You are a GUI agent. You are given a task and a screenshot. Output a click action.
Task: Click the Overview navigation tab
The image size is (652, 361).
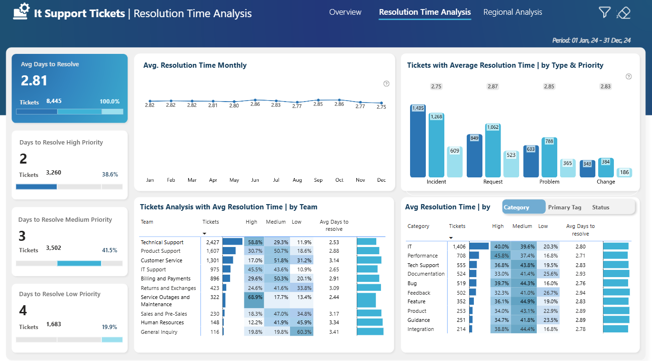(345, 12)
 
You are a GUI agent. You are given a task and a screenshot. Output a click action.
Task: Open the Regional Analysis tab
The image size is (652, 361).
(512, 12)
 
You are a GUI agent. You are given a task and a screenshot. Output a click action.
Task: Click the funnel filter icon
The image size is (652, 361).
(604, 12)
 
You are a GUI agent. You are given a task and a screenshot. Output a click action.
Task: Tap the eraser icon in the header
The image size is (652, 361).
(623, 13)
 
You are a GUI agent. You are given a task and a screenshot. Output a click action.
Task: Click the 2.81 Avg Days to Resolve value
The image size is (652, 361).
(34, 81)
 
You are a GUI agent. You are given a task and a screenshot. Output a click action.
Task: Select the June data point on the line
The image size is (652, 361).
(255, 100)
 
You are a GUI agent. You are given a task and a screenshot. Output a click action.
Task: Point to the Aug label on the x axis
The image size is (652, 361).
(297, 180)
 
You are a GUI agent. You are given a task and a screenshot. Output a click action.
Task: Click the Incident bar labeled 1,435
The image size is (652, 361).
(418, 141)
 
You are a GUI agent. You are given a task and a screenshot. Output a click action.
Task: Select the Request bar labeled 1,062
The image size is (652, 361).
(493, 150)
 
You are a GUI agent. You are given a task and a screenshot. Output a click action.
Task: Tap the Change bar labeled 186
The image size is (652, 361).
(624, 172)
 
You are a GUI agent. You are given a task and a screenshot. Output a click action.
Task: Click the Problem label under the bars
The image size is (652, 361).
(549, 182)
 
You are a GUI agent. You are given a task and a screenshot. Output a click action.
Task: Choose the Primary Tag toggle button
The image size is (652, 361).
(565, 207)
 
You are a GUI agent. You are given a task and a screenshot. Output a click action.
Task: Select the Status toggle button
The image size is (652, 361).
(601, 207)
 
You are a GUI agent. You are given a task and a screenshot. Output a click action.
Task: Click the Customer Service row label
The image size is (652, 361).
(161, 260)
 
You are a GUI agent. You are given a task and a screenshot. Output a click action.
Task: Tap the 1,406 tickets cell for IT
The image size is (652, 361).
(459, 247)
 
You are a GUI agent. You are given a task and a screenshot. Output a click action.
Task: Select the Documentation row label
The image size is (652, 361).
(426, 274)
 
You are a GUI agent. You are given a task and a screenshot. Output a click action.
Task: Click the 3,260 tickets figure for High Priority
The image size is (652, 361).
(53, 173)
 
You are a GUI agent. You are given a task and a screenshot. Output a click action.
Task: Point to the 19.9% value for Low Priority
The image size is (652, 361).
(110, 327)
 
